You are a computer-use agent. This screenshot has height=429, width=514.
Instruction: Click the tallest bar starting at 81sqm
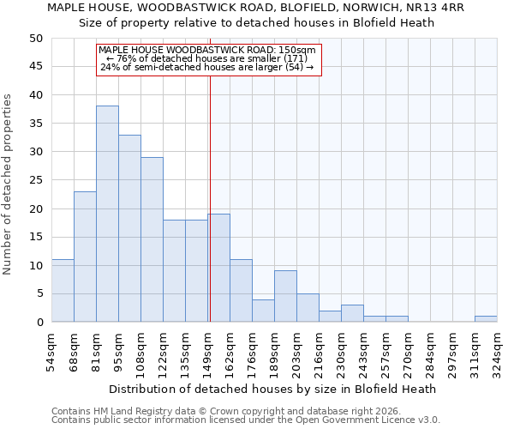click(107, 214)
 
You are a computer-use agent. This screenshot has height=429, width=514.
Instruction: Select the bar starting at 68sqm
click(85, 257)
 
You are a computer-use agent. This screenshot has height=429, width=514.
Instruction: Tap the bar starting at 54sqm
click(63, 291)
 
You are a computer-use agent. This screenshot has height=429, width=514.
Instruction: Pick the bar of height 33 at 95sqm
click(129, 228)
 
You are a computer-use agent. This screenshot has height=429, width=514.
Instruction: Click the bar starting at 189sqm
click(285, 296)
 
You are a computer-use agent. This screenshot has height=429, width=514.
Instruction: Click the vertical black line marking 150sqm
click(210, 197)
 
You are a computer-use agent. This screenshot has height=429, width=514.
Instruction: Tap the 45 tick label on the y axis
click(35, 67)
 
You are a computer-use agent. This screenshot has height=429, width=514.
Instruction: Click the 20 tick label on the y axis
click(35, 208)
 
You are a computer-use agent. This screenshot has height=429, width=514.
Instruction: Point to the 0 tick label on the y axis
click(39, 323)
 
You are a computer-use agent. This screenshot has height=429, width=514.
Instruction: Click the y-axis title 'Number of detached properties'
click(9, 184)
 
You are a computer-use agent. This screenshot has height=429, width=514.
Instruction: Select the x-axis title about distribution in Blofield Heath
click(274, 389)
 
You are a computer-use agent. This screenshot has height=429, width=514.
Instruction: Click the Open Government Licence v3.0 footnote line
click(245, 420)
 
